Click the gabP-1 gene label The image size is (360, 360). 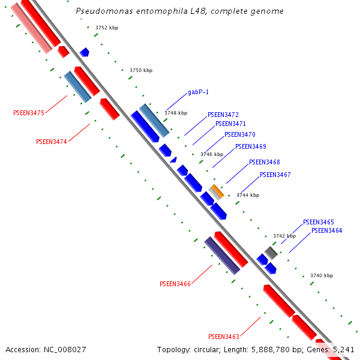click(x=198, y=92)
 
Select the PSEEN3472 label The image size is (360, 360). click(x=223, y=115)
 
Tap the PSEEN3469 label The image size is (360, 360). click(x=250, y=146)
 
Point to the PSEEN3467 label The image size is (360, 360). click(x=275, y=175)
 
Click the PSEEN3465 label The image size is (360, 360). click(x=318, y=222)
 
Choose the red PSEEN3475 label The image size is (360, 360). click(x=29, y=113)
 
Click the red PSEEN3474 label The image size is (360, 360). click(x=52, y=142)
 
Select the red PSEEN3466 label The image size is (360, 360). click(x=175, y=284)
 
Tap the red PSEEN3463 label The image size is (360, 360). click(x=223, y=337)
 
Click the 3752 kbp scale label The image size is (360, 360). click(x=107, y=28)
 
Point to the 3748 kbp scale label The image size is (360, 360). click(x=176, y=113)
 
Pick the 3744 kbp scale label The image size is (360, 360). click(x=248, y=195)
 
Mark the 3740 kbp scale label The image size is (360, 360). click(x=322, y=275)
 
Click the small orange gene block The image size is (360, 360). click(x=217, y=191)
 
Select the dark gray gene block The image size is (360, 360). click(x=271, y=253)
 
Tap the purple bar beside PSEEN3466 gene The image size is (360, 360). click(x=222, y=255)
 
